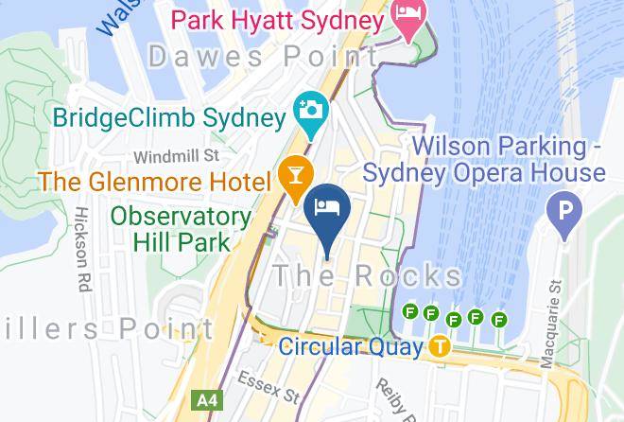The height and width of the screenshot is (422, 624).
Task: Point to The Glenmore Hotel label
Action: [156, 178]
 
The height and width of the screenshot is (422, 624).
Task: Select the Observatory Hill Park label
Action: [181, 228]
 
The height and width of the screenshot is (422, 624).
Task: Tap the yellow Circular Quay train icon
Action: [439, 346]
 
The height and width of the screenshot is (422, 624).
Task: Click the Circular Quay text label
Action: [350, 347]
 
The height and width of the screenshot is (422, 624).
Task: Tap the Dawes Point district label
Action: [264, 57]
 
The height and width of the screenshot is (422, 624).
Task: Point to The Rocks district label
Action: [368, 276]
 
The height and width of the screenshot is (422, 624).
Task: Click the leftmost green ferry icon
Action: [410, 311]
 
